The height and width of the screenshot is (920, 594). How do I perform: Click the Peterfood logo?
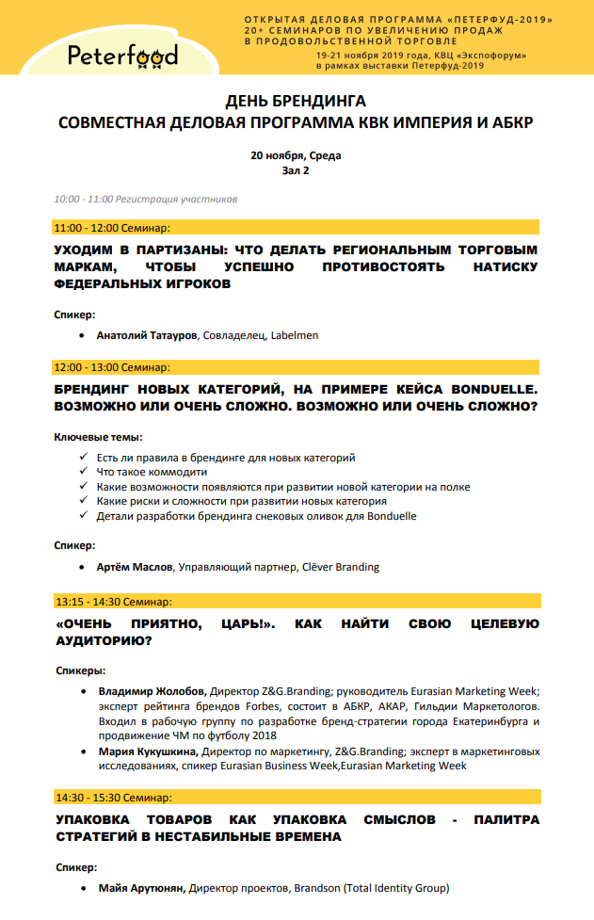(121, 56)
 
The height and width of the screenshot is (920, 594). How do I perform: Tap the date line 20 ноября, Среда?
(296, 155)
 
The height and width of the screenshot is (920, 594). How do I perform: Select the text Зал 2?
(296, 170)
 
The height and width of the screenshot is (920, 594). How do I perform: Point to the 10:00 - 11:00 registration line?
(146, 200)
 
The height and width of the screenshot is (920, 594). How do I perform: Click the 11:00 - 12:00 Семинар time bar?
(297, 228)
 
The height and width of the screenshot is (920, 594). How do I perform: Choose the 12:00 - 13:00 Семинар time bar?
(297, 366)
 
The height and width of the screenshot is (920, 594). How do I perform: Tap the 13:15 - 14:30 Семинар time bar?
(297, 601)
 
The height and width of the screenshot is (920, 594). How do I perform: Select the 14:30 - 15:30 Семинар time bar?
(297, 797)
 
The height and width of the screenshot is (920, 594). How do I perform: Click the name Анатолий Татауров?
(148, 334)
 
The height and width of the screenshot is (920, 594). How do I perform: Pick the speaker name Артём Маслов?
(135, 567)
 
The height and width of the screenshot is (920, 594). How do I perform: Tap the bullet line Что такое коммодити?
(152, 472)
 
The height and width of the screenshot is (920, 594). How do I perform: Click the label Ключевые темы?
(98, 437)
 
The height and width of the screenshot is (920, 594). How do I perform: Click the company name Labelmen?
(295, 334)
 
